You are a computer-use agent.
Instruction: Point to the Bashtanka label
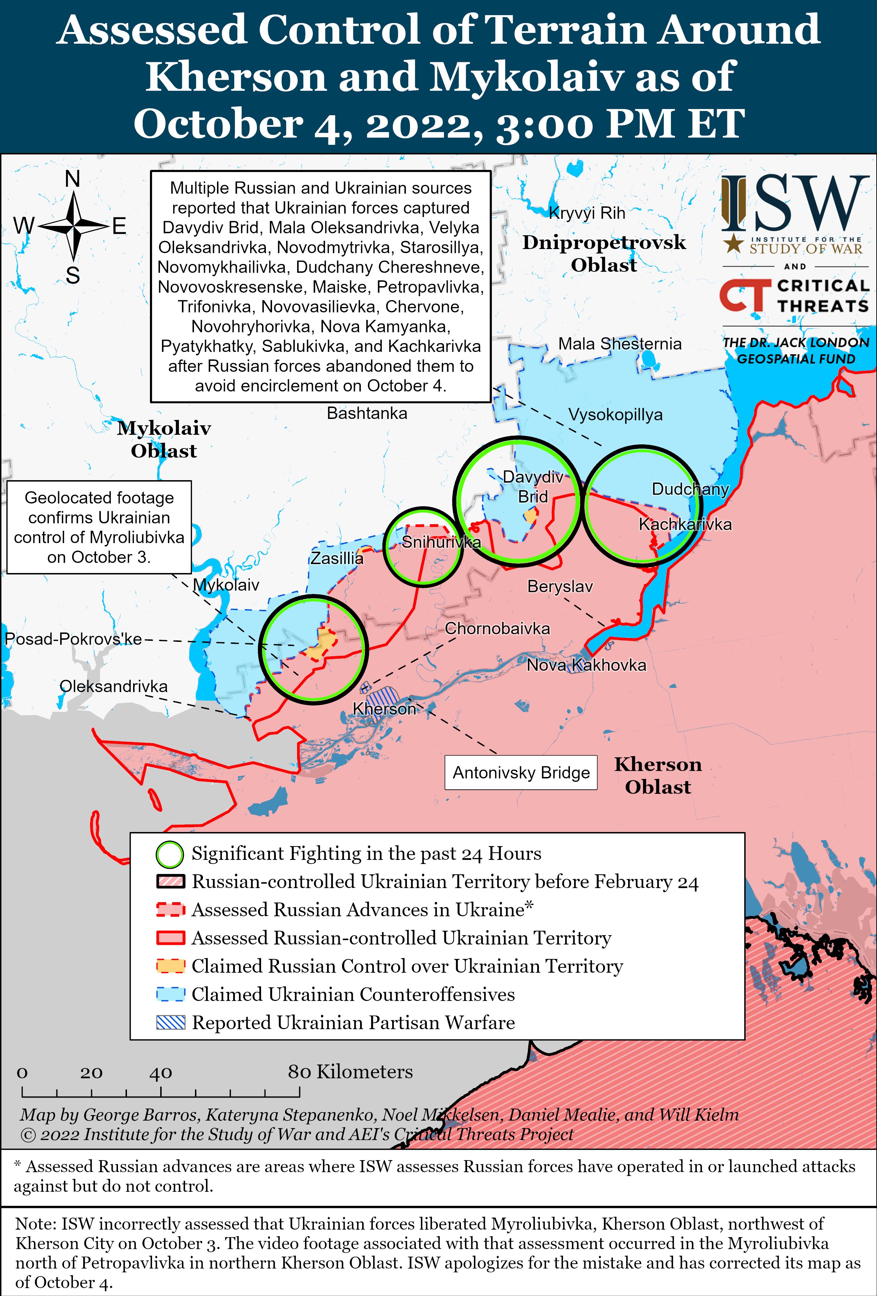click(x=367, y=413)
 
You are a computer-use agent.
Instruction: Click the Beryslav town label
click(x=560, y=587)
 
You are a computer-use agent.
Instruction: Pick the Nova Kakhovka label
click(x=586, y=665)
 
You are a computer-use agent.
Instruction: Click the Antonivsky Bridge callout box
click(x=521, y=773)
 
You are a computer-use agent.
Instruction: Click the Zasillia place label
click(x=336, y=558)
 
